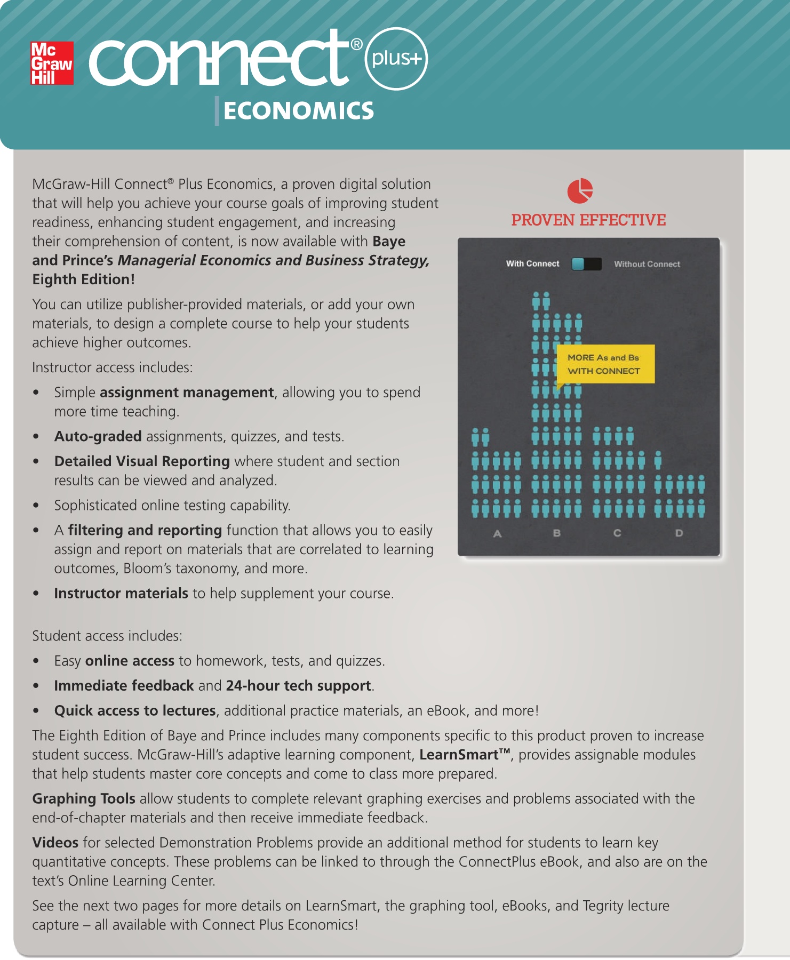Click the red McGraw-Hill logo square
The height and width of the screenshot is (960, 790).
[x=52, y=63]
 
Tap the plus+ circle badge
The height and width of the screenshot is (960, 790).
[x=396, y=59]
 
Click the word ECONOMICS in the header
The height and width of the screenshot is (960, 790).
[x=299, y=111]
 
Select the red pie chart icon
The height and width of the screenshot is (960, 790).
[x=580, y=191]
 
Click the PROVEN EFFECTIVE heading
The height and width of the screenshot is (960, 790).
[x=588, y=220]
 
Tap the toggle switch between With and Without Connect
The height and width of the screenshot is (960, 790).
[x=586, y=264]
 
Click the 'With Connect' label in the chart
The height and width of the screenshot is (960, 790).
[x=532, y=264]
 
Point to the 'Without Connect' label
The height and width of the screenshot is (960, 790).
[x=647, y=264]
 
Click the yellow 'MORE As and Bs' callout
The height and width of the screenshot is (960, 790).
[x=605, y=364]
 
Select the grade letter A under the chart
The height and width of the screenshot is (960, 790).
[x=497, y=533]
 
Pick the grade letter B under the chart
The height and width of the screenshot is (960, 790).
[x=556, y=533]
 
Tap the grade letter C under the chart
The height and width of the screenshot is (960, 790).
[x=617, y=533]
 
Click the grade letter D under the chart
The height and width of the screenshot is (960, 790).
[x=679, y=533]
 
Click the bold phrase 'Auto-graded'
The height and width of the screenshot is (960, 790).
[x=98, y=436]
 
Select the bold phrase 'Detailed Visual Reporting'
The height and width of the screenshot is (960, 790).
[x=142, y=461]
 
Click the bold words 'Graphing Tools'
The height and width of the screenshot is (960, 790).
[x=84, y=798]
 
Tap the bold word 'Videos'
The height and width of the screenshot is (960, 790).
[x=55, y=843]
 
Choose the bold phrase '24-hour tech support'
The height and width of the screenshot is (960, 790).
[x=298, y=686]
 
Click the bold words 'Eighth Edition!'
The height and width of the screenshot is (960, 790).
[x=83, y=279]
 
